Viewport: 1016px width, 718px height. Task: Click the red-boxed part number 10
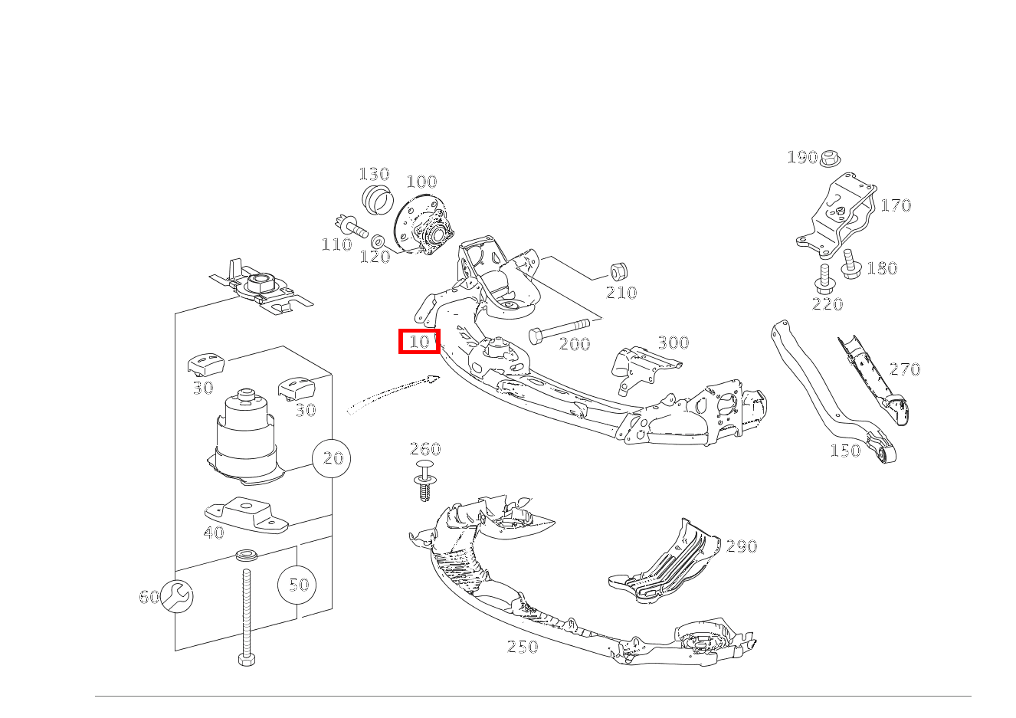tap(419, 341)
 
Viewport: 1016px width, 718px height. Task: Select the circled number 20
tap(332, 458)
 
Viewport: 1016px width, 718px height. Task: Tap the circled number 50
tap(297, 585)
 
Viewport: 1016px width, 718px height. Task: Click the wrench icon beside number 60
tap(177, 596)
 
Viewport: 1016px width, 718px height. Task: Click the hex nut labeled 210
tap(618, 272)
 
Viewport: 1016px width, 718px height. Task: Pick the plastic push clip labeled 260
tap(424, 480)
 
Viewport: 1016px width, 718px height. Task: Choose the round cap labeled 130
tap(376, 199)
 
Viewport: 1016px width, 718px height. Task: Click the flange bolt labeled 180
tap(850, 264)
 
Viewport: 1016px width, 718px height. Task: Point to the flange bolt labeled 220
tap(824, 279)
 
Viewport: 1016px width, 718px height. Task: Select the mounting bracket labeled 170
tap(837, 215)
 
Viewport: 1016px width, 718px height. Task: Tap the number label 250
tap(523, 647)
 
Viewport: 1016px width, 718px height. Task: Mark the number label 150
tap(845, 451)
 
